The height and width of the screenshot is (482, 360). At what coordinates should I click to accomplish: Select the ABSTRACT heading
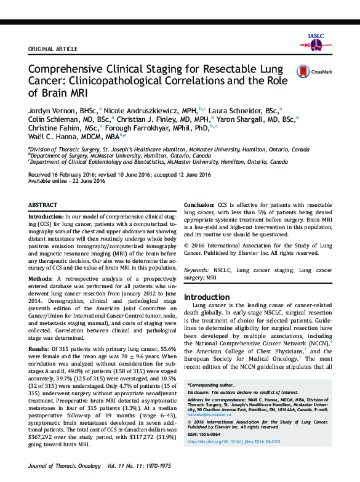click(44, 204)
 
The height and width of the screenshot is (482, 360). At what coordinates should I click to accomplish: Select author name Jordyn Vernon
click(51, 109)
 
